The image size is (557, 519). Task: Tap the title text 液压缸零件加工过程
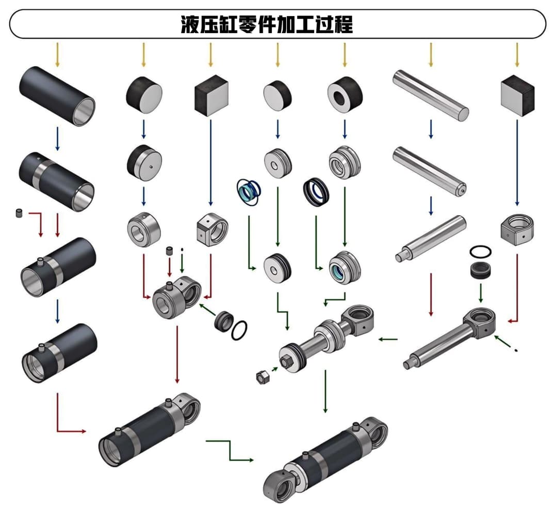(267, 24)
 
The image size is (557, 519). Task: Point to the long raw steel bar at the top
(430, 96)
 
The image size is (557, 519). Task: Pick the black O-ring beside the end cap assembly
(238, 330)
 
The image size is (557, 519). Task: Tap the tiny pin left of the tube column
(19, 213)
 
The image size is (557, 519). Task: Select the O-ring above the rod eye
(480, 252)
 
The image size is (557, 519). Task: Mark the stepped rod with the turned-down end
(430, 239)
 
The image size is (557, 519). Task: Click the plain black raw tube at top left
(57, 96)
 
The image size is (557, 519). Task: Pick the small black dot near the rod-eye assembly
(516, 351)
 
